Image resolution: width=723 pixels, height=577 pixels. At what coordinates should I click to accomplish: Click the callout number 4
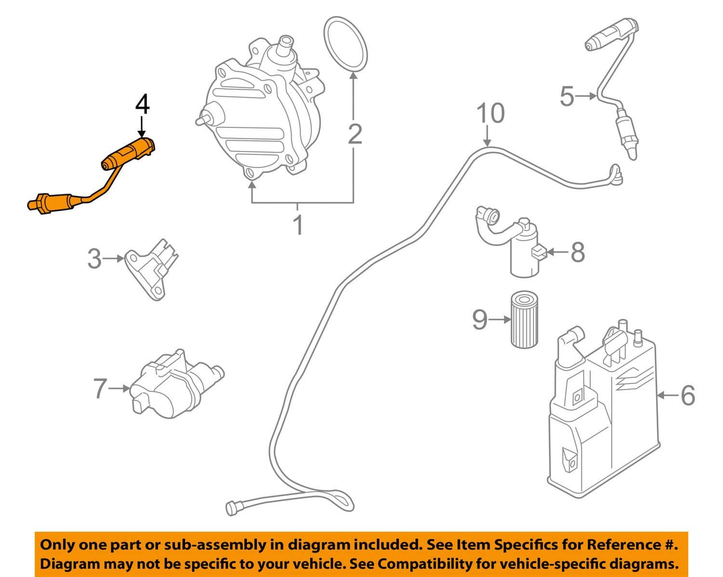pyautogui.click(x=142, y=105)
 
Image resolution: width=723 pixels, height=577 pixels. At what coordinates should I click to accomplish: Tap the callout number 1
pyautogui.click(x=299, y=225)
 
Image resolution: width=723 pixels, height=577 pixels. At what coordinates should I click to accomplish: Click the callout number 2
pyautogui.click(x=355, y=134)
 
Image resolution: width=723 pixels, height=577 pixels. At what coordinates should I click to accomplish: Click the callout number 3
pyautogui.click(x=94, y=259)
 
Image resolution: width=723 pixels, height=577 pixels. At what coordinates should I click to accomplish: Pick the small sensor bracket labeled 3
pyautogui.click(x=152, y=268)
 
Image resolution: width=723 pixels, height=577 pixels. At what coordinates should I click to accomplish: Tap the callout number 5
pyautogui.click(x=567, y=96)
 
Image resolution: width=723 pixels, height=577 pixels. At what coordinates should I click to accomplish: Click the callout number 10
pyautogui.click(x=490, y=113)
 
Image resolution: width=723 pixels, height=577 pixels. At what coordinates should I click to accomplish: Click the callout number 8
pyautogui.click(x=577, y=252)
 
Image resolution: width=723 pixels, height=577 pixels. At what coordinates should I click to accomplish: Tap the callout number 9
pyautogui.click(x=480, y=319)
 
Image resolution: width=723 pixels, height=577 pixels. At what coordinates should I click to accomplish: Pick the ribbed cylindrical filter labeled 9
pyautogui.click(x=524, y=319)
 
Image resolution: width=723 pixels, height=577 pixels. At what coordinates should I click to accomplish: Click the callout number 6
pyautogui.click(x=687, y=395)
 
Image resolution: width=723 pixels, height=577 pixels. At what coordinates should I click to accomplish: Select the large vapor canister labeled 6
pyautogui.click(x=602, y=415)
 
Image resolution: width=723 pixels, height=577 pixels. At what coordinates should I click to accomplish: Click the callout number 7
pyautogui.click(x=99, y=389)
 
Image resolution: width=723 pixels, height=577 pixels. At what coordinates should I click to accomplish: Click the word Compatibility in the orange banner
pyautogui.click(x=419, y=564)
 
